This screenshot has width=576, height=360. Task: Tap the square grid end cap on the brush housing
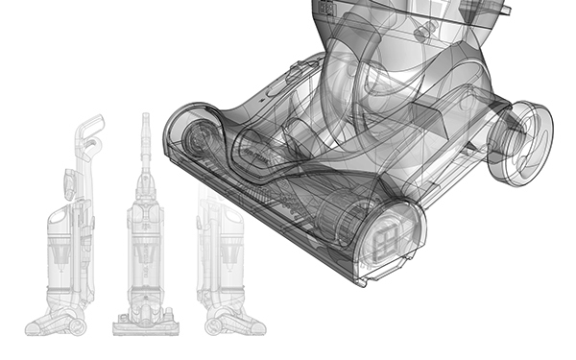click(x=390, y=236)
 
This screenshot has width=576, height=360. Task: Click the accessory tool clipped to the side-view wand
click(x=70, y=182)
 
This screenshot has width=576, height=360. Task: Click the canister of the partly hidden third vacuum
click(x=213, y=254)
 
